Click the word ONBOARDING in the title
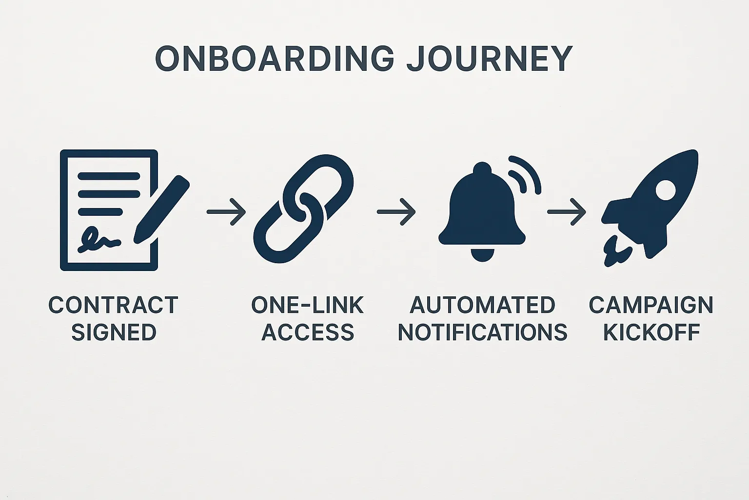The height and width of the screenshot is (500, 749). [x=275, y=59]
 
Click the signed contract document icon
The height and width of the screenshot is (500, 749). [x=108, y=210]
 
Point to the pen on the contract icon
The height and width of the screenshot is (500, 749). [x=162, y=208]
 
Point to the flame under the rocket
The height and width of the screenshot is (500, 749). [x=616, y=251]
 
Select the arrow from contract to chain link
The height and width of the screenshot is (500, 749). [x=226, y=211]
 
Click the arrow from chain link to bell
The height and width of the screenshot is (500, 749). [x=396, y=211]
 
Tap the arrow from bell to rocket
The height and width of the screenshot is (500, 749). [x=566, y=211]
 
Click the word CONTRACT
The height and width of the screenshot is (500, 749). [x=113, y=306]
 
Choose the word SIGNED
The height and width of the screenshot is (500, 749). [x=113, y=333]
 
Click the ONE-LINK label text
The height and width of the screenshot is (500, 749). [x=307, y=306]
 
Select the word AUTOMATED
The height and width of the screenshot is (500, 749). [x=482, y=306]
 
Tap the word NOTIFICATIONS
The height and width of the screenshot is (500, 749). [x=482, y=333]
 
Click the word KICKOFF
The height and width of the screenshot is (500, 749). [x=651, y=333]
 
